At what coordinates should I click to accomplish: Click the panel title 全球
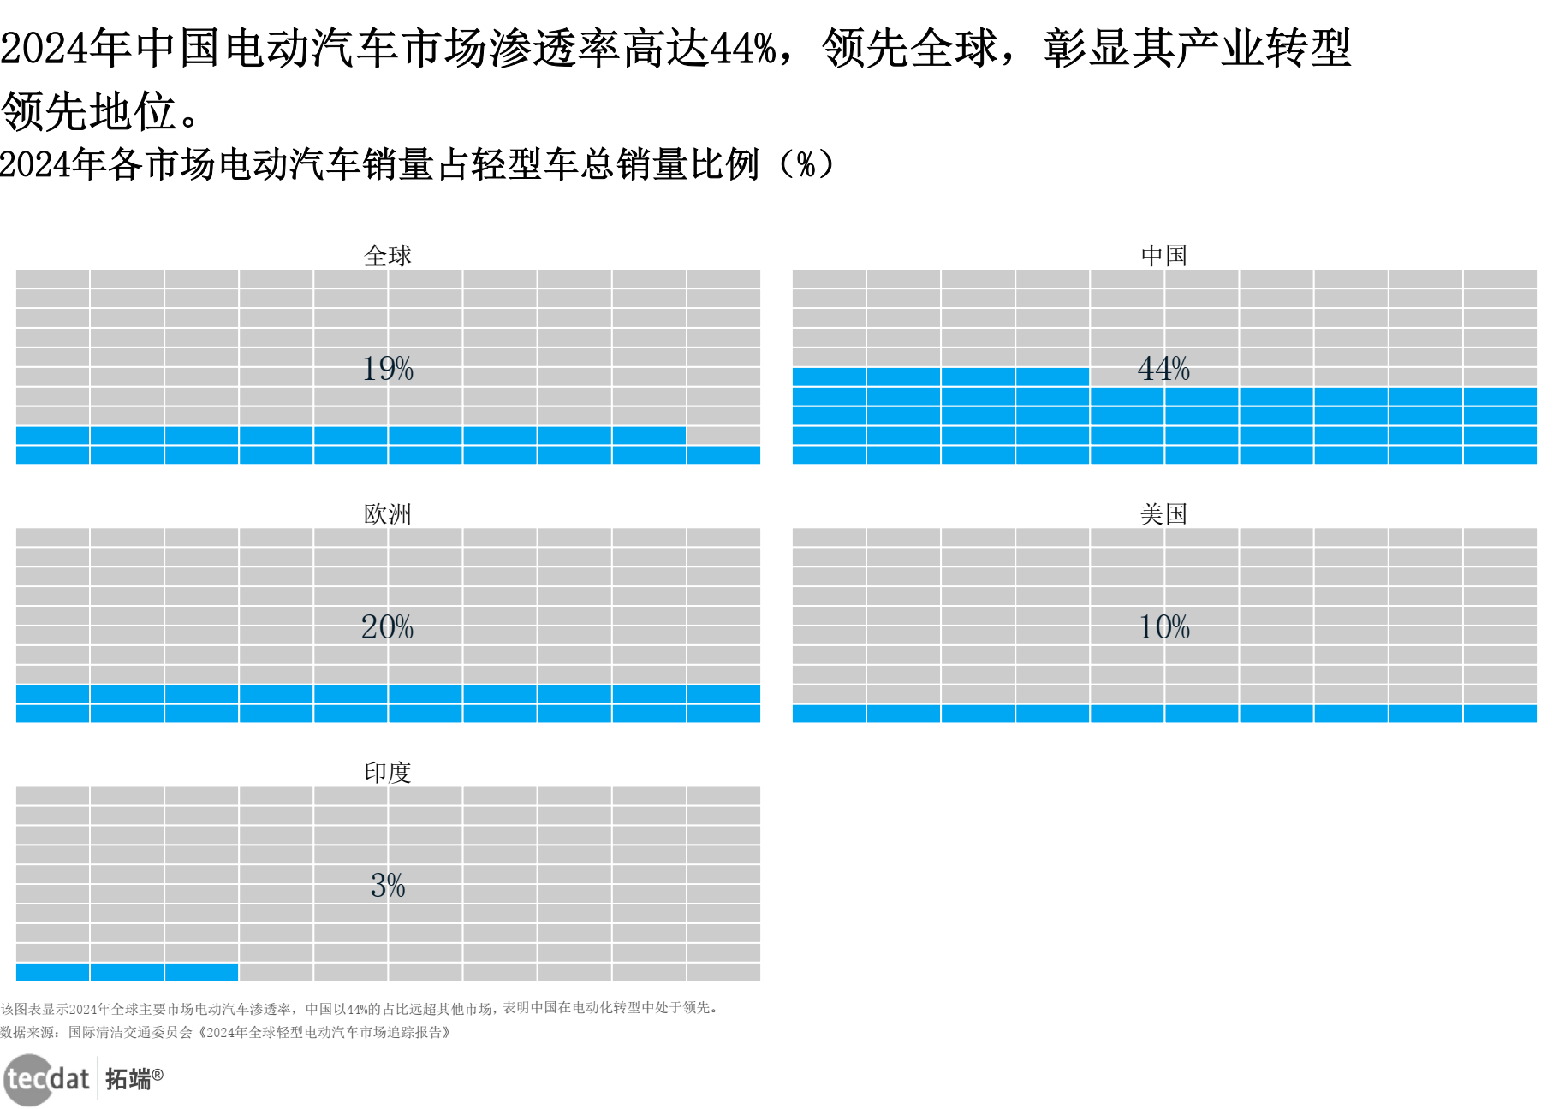(387, 255)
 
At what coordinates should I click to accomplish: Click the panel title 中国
(1163, 255)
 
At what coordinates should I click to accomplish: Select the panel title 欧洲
(387, 513)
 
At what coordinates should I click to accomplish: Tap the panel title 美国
(1163, 513)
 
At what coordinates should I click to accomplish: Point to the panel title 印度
(387, 772)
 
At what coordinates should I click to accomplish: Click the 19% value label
(387, 369)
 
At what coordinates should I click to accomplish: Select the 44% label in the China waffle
(1163, 369)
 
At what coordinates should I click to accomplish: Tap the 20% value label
(387, 627)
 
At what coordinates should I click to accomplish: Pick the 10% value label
(1163, 627)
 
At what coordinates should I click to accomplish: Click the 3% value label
(387, 885)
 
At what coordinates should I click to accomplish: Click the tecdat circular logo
(29, 1080)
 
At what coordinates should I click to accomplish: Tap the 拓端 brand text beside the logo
(128, 1079)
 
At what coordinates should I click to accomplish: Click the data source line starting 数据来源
(226, 1032)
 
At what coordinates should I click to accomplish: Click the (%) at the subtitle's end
(806, 164)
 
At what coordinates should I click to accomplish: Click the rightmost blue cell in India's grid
(201, 972)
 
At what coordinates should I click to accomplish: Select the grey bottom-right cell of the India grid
(723, 972)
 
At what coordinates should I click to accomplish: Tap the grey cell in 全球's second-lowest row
(723, 436)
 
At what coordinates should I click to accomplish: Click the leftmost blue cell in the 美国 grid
(829, 714)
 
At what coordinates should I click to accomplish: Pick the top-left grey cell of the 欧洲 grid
(52, 537)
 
